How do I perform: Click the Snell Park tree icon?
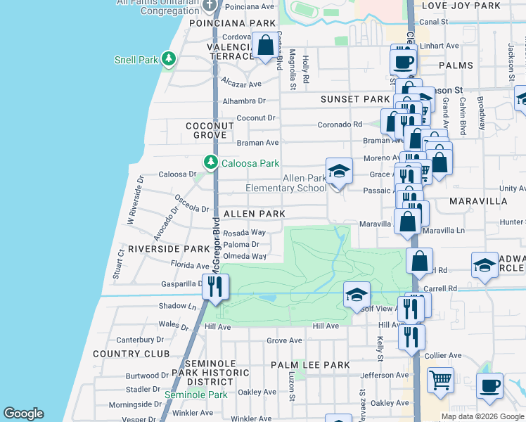click(x=168, y=59)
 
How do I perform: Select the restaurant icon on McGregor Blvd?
click(x=215, y=286)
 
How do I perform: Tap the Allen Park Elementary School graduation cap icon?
click(x=338, y=171)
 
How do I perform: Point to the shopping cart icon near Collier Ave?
click(x=440, y=381)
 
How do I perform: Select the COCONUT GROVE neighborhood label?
click(x=209, y=131)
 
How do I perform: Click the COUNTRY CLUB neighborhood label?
click(x=131, y=354)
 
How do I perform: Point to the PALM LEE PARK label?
click(x=310, y=365)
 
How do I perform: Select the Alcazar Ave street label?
click(x=241, y=83)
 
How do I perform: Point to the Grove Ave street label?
click(x=284, y=340)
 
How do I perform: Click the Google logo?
click(x=24, y=414)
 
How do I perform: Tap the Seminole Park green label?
click(x=195, y=395)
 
